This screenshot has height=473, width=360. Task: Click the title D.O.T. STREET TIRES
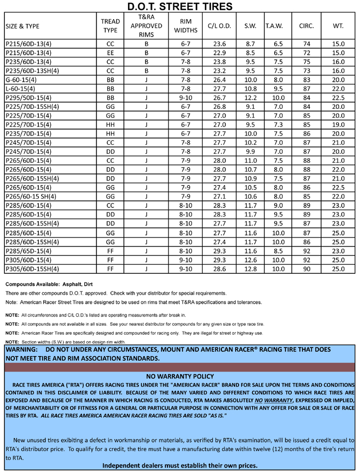click(180, 6)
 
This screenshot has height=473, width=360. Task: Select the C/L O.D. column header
click(219, 26)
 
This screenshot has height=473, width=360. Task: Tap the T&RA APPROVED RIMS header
click(146, 26)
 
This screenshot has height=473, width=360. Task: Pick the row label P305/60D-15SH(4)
click(31, 269)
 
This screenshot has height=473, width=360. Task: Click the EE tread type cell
click(110, 53)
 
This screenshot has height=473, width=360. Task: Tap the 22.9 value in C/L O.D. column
click(219, 53)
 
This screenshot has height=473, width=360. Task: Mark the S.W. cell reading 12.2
click(250, 98)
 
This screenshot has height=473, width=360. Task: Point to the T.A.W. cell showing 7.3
click(278, 127)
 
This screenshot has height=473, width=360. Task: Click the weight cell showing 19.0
click(338, 127)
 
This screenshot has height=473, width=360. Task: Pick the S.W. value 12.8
click(250, 269)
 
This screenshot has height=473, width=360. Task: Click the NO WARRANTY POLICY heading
click(180, 376)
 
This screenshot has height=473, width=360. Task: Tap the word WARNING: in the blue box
click(21, 349)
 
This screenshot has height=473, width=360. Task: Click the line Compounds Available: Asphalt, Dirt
click(49, 284)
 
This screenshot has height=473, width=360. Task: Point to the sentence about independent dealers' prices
click(180, 466)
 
